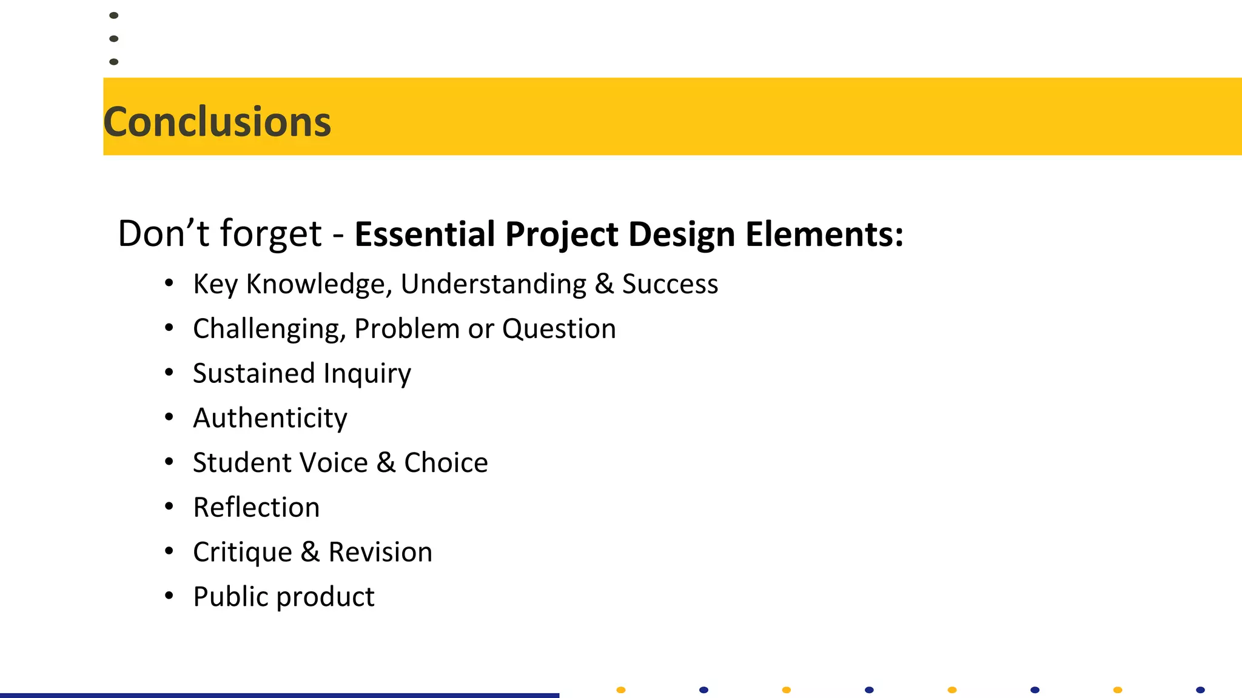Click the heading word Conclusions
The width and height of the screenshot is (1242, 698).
coord(217,122)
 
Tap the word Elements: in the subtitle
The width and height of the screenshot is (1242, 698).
coord(824,234)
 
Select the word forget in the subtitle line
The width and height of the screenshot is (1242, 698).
coord(270,234)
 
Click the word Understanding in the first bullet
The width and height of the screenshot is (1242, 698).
coord(493,284)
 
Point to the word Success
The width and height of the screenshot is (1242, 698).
coord(670,284)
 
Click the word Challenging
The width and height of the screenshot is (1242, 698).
coord(269,329)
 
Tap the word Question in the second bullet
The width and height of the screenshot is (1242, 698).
coord(559,329)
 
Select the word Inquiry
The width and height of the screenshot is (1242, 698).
coord(367,374)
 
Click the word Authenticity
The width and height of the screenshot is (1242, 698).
coord(270,418)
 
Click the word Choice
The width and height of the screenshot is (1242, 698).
coord(446,463)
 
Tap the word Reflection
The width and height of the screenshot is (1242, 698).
coord(256,508)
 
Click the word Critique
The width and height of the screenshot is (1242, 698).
coord(243,553)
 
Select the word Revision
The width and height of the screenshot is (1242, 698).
coord(380,552)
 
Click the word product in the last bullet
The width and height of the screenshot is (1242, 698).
coord(326,597)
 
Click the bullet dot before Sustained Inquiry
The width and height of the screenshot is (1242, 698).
coord(169,372)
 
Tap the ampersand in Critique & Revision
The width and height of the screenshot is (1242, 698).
coord(310,552)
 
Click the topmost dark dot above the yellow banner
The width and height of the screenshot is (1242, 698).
coord(113,15)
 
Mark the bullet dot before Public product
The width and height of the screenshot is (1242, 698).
coord(169,596)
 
